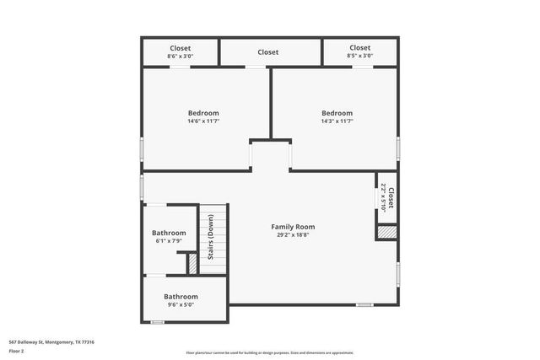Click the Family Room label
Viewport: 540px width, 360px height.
(292, 227)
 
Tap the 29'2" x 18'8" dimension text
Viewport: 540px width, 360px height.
(292, 236)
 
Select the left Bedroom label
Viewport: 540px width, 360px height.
(202, 113)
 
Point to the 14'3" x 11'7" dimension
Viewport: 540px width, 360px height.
(337, 121)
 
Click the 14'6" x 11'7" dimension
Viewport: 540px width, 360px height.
(202, 121)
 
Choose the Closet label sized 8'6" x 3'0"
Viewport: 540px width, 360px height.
(180, 48)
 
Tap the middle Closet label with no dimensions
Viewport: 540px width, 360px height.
(267, 52)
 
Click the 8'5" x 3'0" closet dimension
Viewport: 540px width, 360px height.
(359, 56)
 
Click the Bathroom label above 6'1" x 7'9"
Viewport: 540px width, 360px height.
(169, 233)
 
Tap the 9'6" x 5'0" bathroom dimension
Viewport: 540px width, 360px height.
(181, 305)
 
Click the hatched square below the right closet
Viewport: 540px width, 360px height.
(386, 232)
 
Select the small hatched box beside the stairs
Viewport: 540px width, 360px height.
(192, 265)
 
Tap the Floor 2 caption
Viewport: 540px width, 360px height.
(17, 351)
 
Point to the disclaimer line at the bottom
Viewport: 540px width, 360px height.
(270, 352)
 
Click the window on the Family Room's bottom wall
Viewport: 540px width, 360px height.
(364, 304)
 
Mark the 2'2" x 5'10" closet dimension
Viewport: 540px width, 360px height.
(383, 198)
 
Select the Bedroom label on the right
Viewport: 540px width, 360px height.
(337, 113)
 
